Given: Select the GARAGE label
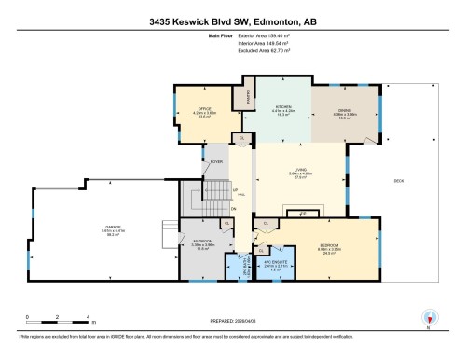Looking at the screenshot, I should click(91, 230).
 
